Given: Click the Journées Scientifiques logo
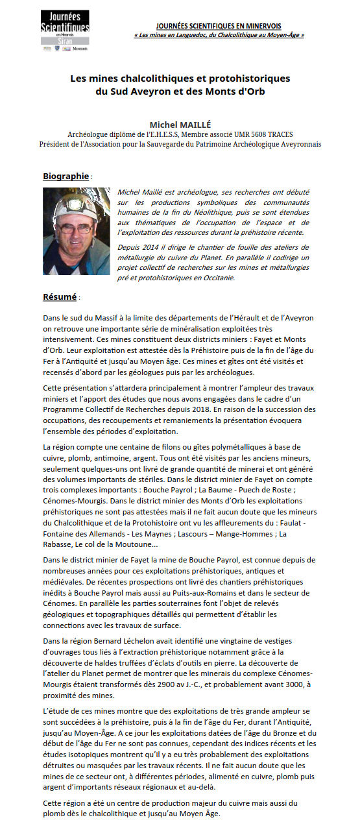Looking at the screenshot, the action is (64, 30).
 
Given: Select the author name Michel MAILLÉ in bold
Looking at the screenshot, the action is (180, 124).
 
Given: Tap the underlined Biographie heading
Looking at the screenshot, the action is (66, 176).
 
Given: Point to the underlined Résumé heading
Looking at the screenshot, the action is (60, 296).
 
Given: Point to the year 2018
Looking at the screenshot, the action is (195, 409).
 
